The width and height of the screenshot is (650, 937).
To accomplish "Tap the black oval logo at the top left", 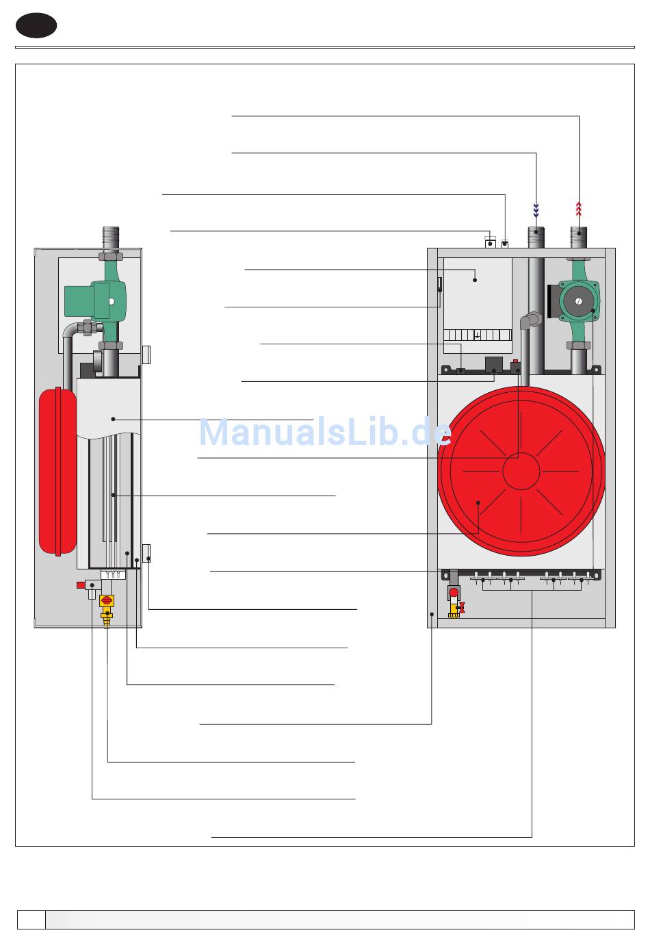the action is point(36,25).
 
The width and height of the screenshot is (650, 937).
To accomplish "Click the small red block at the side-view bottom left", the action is point(81,585).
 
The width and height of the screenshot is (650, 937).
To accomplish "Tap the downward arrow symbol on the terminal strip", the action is point(477,335).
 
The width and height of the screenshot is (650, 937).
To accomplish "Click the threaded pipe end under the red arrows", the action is point(579,237).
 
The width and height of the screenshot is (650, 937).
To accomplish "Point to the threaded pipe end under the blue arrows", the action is point(536,237).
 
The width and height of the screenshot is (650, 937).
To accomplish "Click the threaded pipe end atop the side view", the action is point(110,238).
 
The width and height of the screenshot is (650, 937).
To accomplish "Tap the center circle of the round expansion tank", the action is point(521,471).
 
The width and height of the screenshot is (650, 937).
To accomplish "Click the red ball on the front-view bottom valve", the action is point(453,593).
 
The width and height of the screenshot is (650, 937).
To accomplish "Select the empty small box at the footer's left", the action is point(31,919).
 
